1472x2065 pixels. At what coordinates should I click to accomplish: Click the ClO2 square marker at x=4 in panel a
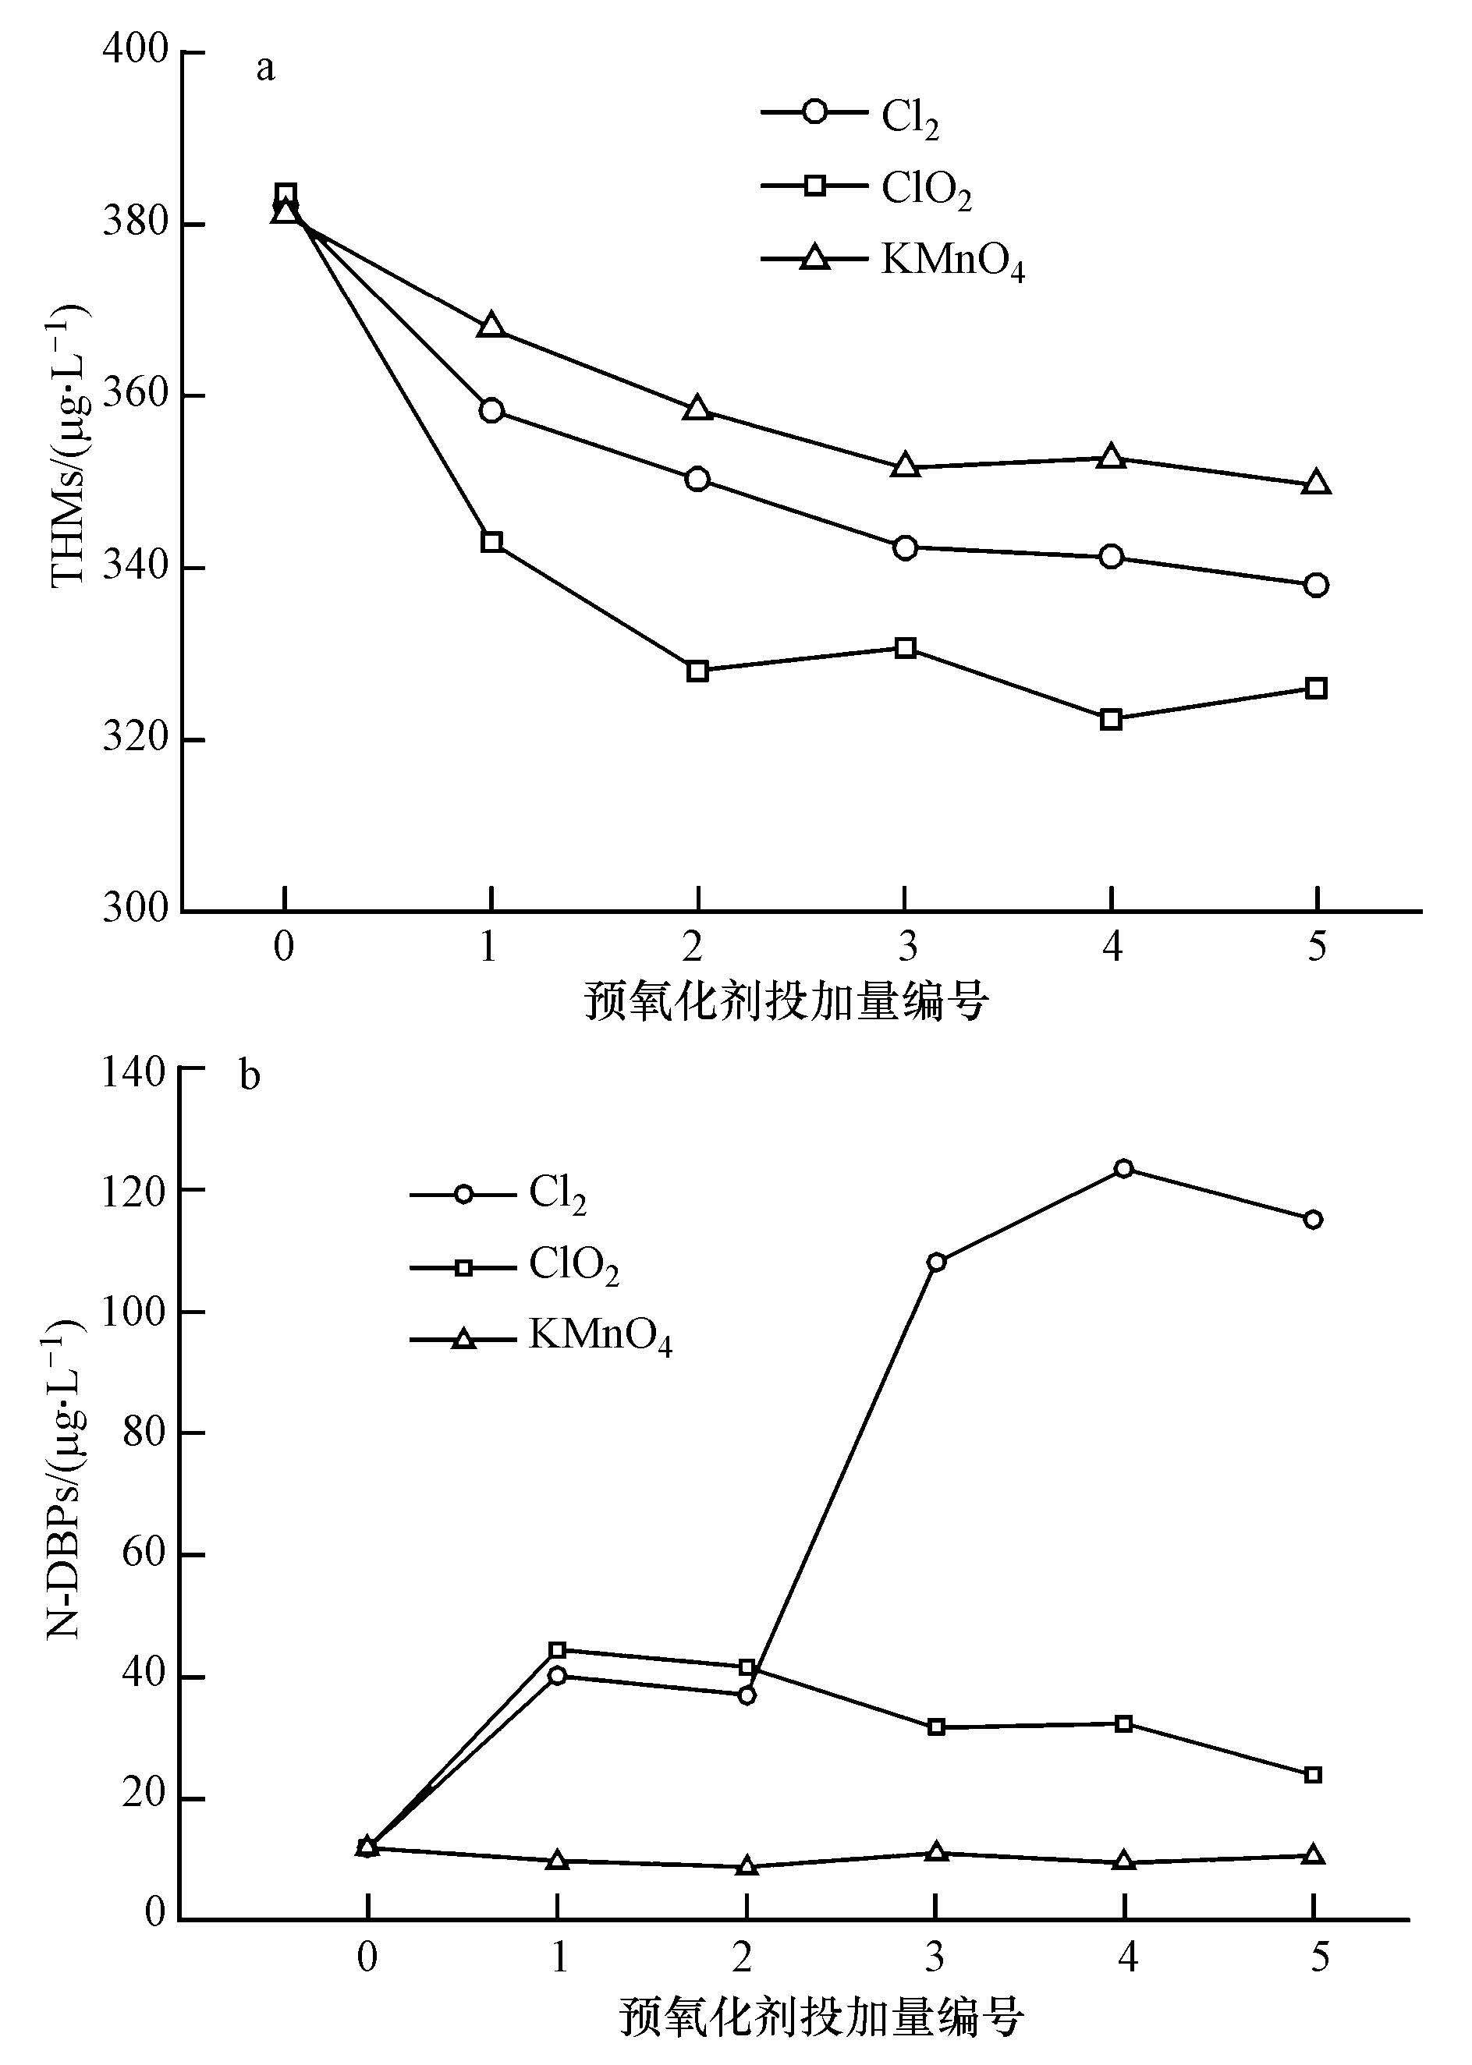[1112, 720]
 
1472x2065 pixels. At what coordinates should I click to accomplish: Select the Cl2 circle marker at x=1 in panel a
[491, 410]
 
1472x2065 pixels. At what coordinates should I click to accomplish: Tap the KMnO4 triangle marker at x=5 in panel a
[1316, 483]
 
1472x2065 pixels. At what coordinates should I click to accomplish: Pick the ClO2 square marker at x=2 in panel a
[697, 671]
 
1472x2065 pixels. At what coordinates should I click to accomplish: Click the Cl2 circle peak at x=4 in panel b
[1124, 1168]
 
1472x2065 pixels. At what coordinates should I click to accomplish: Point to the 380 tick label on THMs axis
[136, 222]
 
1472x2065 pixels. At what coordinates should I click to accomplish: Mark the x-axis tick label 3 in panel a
[906, 947]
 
